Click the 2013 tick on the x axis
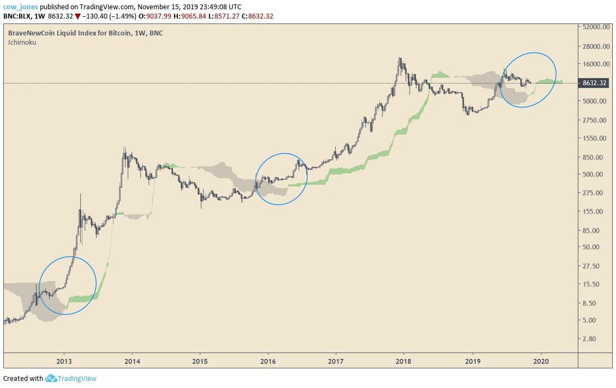[x=64, y=361]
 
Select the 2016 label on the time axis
[x=268, y=361]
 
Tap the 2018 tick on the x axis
[x=404, y=361]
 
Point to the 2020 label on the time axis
[x=541, y=361]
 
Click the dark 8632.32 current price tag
[x=595, y=83]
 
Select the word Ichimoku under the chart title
[x=22, y=42]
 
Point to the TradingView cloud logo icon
[x=51, y=378]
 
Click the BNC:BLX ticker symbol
[x=18, y=16]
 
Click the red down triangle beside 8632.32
[x=77, y=16]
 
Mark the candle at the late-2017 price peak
[x=400, y=61]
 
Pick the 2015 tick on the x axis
[x=200, y=361]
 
